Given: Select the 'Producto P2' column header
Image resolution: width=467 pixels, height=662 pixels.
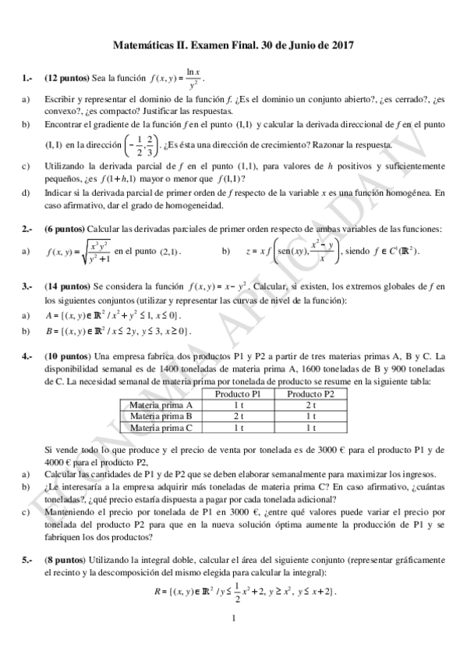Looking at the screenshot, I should click(310, 394).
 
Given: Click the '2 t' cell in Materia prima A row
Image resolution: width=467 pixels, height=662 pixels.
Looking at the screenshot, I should click(310, 405).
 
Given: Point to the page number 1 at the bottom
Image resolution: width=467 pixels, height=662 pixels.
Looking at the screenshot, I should click(233, 620).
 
